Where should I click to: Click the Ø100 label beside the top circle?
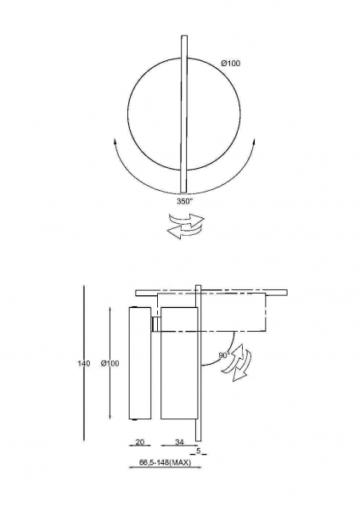231,64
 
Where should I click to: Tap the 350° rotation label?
184,201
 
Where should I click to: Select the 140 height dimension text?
84,364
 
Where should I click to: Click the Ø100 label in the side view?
110,364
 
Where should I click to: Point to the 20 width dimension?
140,442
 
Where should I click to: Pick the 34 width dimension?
179,442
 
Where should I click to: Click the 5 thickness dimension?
199,450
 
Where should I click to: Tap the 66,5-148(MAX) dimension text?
165,462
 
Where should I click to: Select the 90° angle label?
224,355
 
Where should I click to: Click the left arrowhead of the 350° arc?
115,141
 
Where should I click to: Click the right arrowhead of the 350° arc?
254,142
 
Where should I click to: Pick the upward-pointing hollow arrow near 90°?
233,359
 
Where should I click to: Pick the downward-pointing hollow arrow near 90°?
242,365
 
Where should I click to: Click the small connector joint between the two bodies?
155,324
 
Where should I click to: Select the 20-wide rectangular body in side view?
140,363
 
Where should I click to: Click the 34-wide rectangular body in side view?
179,363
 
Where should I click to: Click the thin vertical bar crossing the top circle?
184,114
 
